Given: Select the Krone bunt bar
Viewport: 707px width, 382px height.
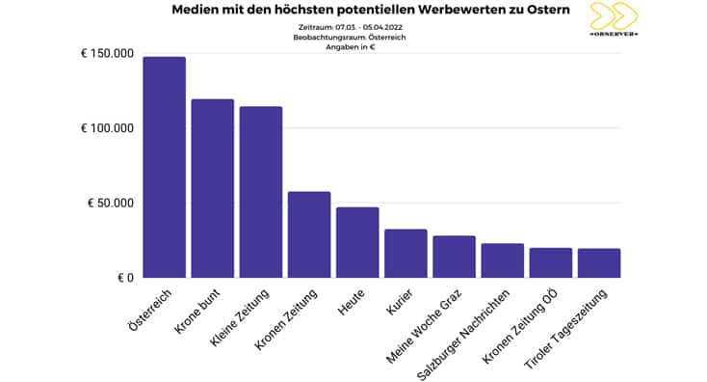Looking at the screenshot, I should coord(212,188).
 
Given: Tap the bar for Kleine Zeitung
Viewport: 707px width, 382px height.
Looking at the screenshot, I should coord(260,192).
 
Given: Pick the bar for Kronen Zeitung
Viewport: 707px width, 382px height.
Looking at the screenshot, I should coord(308,234).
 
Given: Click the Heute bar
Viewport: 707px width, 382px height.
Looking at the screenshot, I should coord(357,242).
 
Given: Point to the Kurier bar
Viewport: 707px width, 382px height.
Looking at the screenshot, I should coord(406,253).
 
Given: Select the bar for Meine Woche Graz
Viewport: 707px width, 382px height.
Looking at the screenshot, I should coord(454,257).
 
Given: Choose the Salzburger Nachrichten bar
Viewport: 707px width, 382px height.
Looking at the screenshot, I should coord(502,260).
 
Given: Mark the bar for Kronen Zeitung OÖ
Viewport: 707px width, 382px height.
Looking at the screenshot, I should coord(550,262).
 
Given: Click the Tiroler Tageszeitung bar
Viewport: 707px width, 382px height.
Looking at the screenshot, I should coord(598,263).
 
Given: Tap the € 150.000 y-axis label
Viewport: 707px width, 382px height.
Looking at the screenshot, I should coord(107,54).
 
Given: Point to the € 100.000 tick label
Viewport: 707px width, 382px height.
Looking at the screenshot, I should coord(107,128).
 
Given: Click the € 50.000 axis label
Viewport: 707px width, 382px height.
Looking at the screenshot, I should coord(111,204).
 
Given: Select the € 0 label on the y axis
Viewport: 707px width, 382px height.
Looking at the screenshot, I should coord(122,278).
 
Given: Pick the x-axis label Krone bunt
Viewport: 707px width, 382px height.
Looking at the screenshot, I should coord(201,312).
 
